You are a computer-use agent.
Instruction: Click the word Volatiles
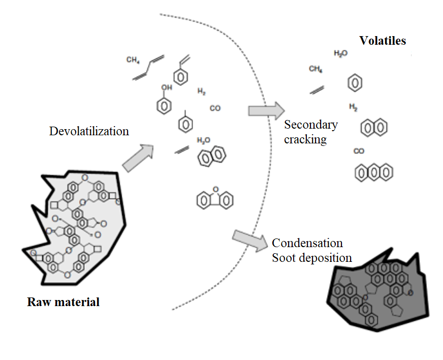click(383, 41)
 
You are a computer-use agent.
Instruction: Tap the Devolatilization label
click(89, 131)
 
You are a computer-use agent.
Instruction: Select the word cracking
click(305, 139)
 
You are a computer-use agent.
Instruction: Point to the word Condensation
click(307, 243)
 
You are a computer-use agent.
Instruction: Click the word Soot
click(284, 258)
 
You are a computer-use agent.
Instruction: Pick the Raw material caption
click(63, 302)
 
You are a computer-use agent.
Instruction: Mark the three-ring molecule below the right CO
click(374, 172)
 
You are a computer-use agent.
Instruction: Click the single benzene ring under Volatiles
click(355, 83)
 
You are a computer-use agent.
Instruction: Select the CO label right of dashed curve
click(359, 151)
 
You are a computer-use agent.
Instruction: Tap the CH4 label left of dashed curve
click(133, 60)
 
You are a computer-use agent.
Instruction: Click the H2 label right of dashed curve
click(353, 107)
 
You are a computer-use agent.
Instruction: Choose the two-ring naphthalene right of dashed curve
click(373, 128)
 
